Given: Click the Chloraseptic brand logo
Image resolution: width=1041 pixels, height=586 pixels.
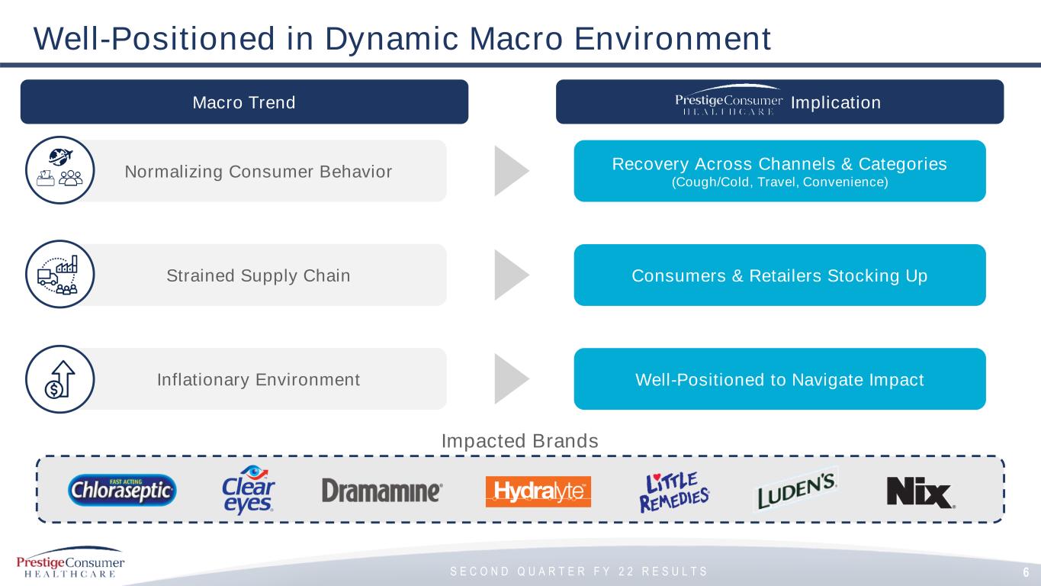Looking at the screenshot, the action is [x=122, y=490].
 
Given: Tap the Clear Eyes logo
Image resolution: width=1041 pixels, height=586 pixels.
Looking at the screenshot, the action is [x=248, y=490].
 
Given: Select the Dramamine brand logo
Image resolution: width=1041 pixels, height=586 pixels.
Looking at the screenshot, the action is [x=382, y=491].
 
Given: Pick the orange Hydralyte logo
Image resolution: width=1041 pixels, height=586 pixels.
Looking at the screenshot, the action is [x=538, y=491].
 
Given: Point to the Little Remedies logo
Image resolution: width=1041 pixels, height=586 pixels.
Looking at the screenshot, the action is [x=674, y=492].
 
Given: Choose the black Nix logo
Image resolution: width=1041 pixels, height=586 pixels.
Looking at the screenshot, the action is [x=921, y=492].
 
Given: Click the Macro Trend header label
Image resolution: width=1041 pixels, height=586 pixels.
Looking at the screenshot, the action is [x=244, y=102].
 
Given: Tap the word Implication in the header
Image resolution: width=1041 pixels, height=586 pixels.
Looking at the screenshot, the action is [x=836, y=102].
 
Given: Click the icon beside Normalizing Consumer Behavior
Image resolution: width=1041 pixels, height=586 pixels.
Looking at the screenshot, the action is [x=60, y=169].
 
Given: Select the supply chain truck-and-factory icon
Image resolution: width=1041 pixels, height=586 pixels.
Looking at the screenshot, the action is [x=60, y=274].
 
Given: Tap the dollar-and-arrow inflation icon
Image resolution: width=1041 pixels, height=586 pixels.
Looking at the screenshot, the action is [x=60, y=379].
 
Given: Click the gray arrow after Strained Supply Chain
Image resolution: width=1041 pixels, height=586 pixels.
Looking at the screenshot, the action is [x=511, y=275].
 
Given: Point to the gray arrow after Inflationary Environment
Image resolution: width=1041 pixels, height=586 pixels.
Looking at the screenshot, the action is [x=511, y=378].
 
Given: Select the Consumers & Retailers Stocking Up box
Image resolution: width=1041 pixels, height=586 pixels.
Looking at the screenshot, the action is [x=780, y=275].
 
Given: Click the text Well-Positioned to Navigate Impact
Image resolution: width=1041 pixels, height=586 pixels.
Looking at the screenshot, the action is [x=780, y=379].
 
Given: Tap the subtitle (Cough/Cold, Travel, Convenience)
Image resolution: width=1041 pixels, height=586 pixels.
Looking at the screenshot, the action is [x=780, y=182].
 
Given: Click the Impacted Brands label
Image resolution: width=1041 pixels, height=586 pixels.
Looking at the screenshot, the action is [x=520, y=441].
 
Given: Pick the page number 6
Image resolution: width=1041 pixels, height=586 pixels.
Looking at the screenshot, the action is [x=1026, y=572].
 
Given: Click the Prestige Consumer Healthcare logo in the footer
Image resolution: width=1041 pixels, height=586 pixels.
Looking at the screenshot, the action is [x=70, y=562].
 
